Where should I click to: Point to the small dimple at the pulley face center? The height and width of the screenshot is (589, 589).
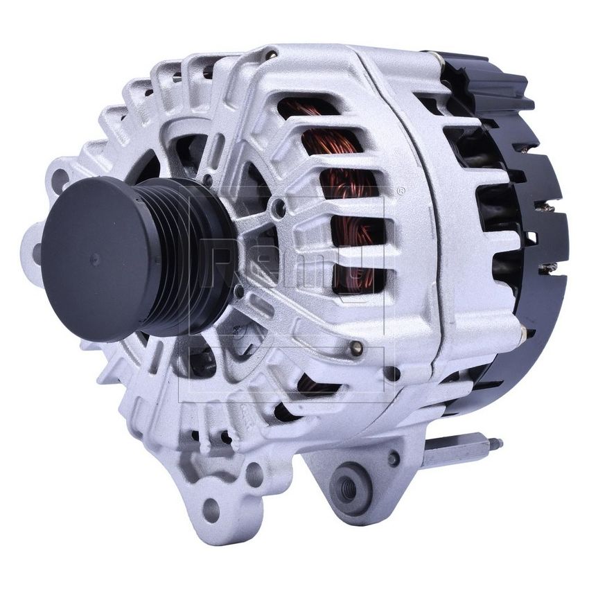click(x=95, y=258)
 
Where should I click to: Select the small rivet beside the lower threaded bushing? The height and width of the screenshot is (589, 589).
click(x=394, y=458)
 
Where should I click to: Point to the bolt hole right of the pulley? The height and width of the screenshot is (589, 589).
click(x=279, y=206)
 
